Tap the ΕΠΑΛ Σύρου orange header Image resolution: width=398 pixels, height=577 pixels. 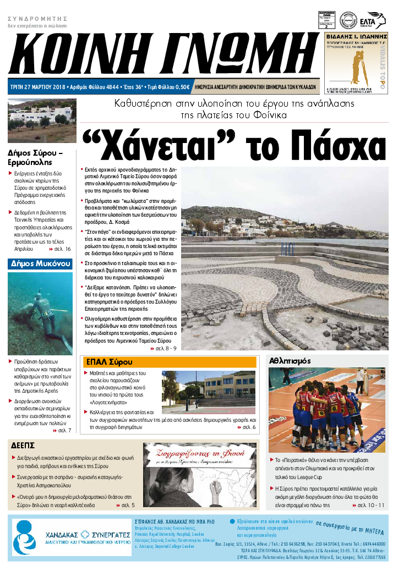click(110, 362)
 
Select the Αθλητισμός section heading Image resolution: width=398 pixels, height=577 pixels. click(290, 361)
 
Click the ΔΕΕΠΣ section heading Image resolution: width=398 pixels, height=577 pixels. click(23, 445)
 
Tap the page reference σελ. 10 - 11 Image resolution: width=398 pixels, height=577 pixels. click(371, 504)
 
